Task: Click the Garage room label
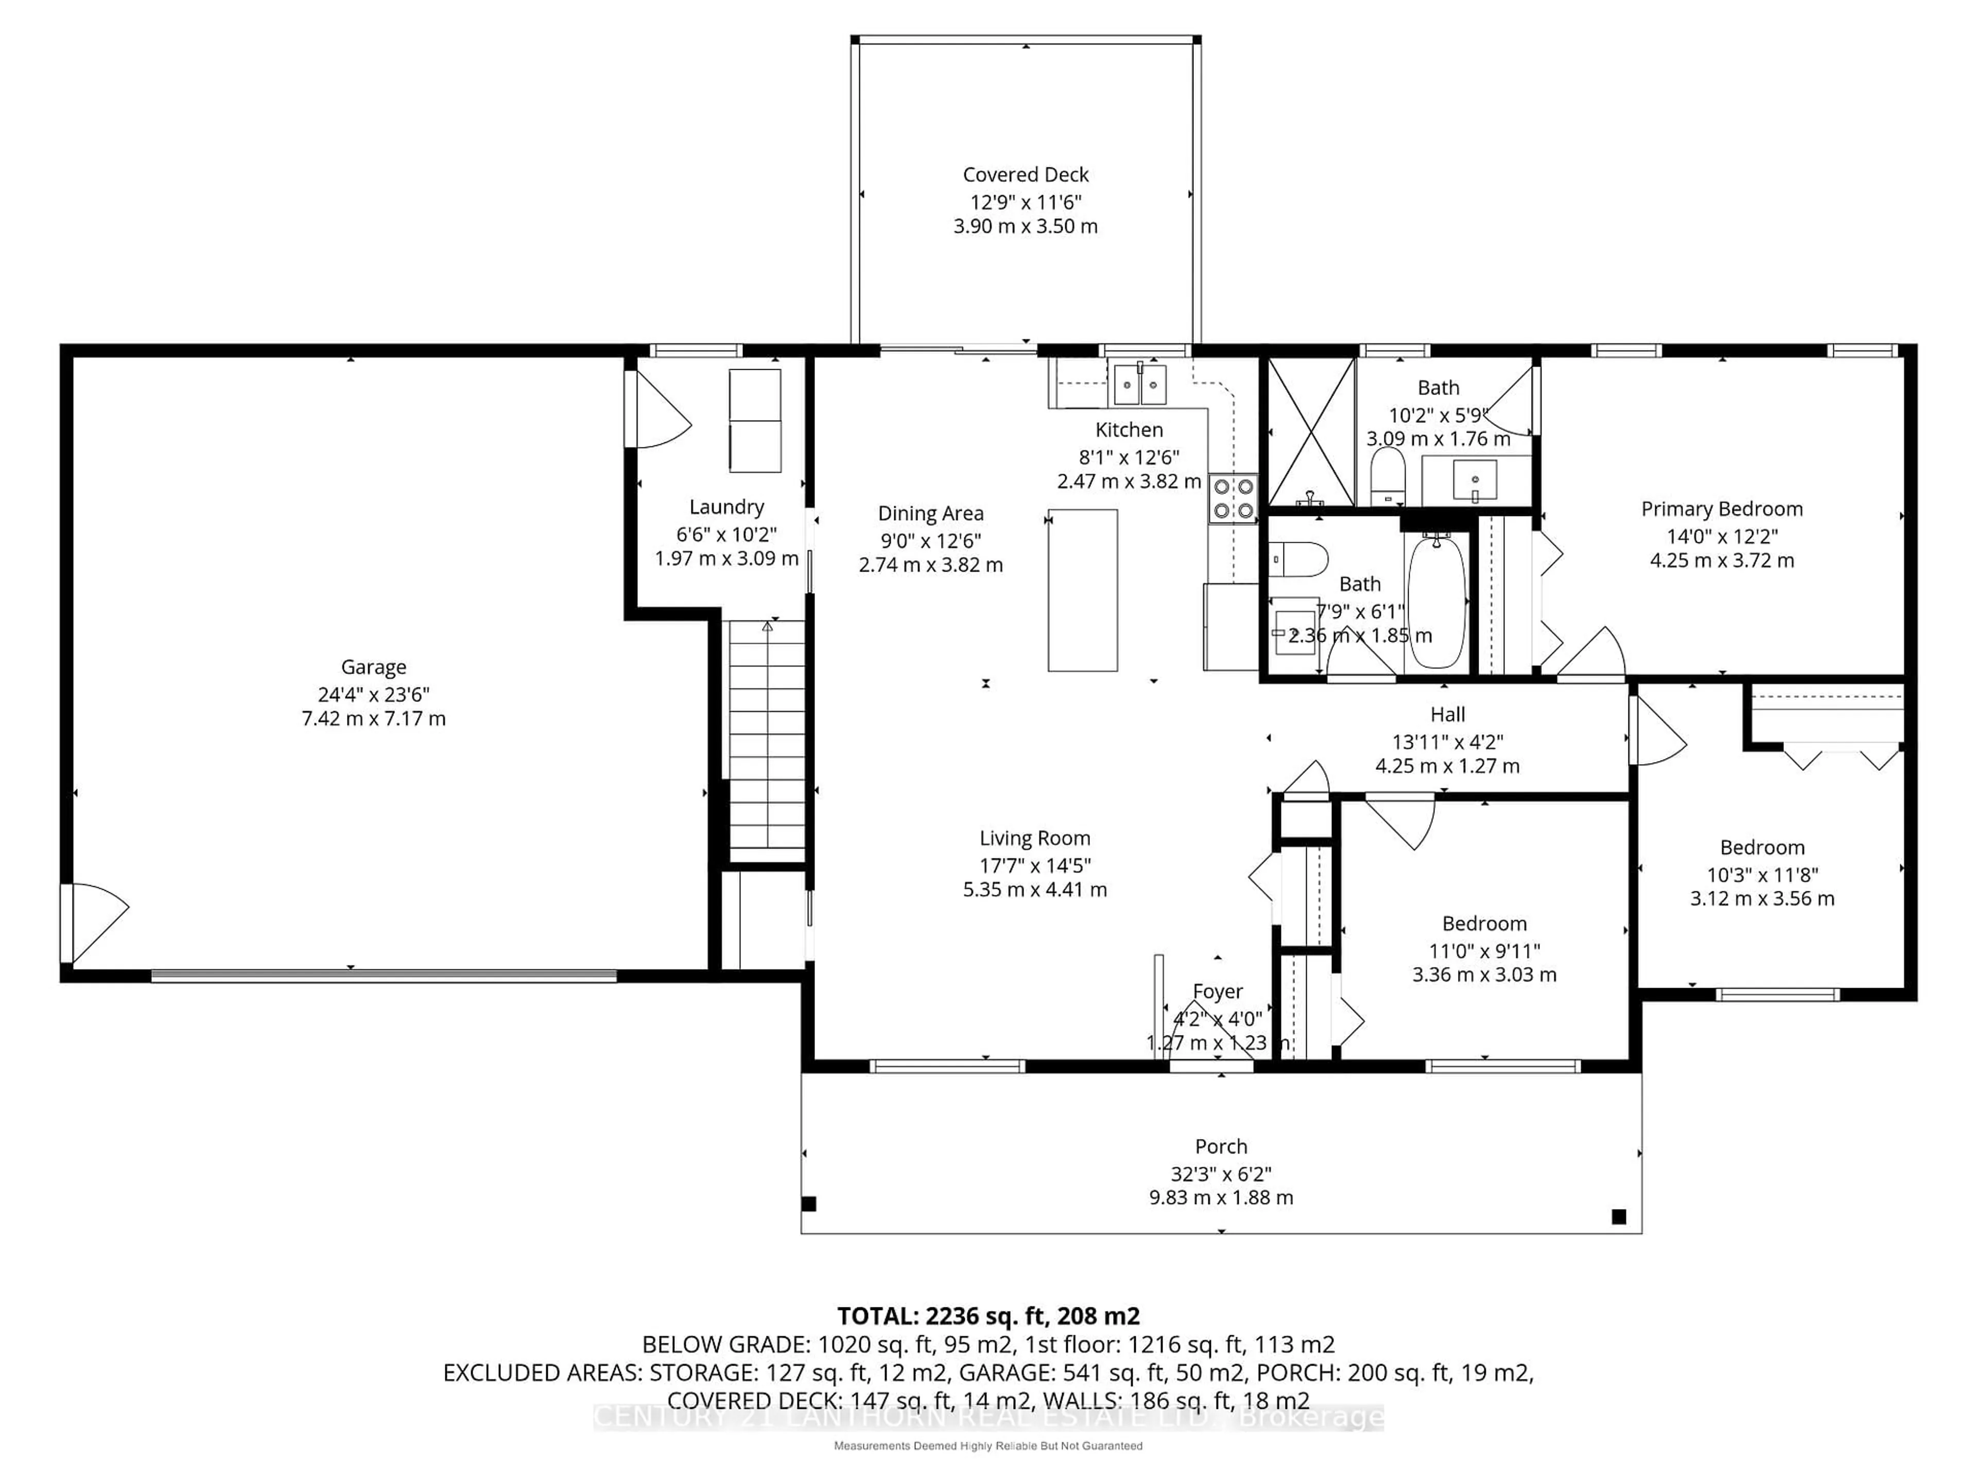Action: tap(374, 667)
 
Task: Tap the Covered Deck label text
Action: tap(1025, 175)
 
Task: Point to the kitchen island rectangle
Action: tap(1082, 590)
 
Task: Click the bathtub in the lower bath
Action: tap(1436, 601)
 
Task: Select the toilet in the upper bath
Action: tap(1388, 476)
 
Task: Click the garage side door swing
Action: tap(94, 921)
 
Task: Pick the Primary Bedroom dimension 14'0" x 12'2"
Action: tap(1722, 537)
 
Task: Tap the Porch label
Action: tap(1221, 1146)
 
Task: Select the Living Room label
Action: tap(1035, 838)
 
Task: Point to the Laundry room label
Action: tap(726, 507)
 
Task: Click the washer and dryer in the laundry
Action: tap(755, 420)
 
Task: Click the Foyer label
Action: tap(1217, 991)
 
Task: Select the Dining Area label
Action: tap(930, 513)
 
